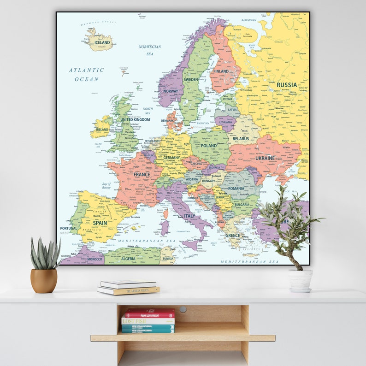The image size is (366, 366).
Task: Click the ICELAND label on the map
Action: tap(102, 42)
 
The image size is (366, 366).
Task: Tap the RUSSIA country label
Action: tap(287, 85)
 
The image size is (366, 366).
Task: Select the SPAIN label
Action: tap(100, 223)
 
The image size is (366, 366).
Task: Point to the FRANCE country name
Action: tap(142, 175)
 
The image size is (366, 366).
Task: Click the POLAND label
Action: tap(208, 146)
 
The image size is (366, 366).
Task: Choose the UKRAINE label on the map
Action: tap(265, 158)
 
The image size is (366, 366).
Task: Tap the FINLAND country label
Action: tap(221, 71)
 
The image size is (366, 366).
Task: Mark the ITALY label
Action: tap(189, 216)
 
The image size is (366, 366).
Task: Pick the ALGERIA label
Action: tap(128, 259)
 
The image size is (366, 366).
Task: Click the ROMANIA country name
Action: tap(236, 189)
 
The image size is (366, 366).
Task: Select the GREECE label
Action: tap(232, 235)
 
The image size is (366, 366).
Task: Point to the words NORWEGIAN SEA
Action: tap(150, 50)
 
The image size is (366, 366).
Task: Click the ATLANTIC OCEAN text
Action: tap(87, 75)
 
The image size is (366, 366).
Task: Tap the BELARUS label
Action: tap(241, 138)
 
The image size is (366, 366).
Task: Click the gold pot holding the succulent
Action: tap(44, 280)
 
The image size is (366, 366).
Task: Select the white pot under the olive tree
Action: tap(300, 280)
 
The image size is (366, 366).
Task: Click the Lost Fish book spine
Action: tap(148, 321)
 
